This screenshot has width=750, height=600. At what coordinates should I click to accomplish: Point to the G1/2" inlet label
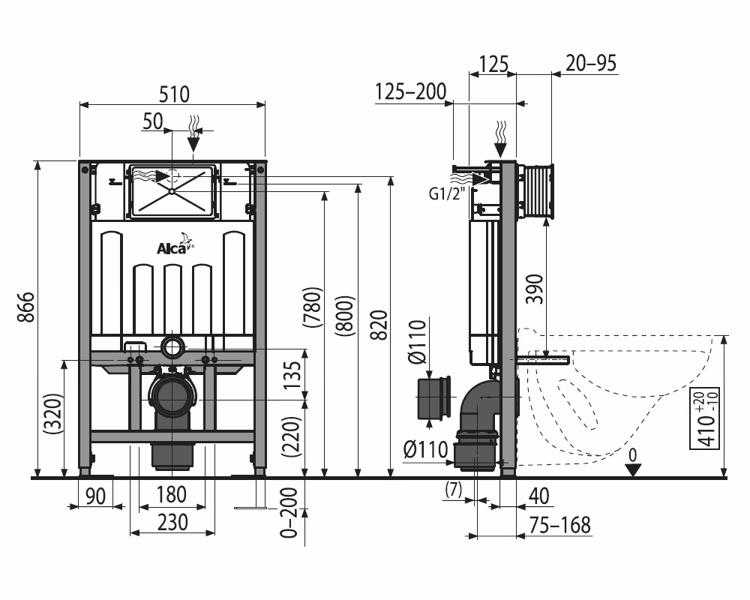pyautogui.click(x=448, y=193)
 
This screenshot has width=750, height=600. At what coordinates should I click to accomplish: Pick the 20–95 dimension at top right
pyautogui.click(x=592, y=63)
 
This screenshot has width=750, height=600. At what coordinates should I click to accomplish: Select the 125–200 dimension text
pyautogui.click(x=409, y=91)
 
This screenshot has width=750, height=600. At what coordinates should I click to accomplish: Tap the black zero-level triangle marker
pyautogui.click(x=634, y=469)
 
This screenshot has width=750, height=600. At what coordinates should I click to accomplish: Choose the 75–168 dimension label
pyautogui.click(x=558, y=525)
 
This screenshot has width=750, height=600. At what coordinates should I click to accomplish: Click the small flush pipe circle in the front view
pyautogui.click(x=172, y=346)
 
